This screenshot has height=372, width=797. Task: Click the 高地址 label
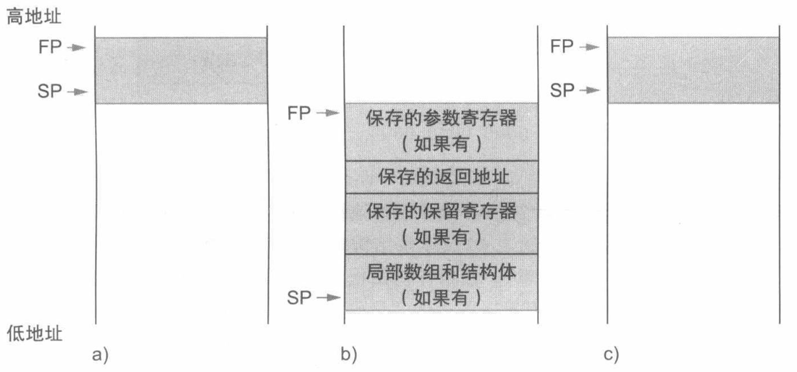(x=34, y=17)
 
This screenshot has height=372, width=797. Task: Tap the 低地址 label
(x=34, y=334)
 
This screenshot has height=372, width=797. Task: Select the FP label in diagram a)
(x=50, y=47)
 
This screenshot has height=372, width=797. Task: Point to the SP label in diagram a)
(x=49, y=91)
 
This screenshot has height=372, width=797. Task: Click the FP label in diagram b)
(x=299, y=113)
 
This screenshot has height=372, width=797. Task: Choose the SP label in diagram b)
(x=299, y=297)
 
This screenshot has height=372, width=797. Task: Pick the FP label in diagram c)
(x=562, y=46)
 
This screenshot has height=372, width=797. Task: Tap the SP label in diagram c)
(x=562, y=90)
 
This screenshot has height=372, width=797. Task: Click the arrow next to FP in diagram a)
(x=77, y=47)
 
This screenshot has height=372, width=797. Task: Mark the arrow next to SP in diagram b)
(x=329, y=297)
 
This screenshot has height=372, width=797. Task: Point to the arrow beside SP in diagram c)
(x=590, y=90)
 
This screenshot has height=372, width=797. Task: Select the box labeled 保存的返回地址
(x=441, y=177)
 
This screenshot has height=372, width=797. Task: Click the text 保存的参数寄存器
(x=441, y=118)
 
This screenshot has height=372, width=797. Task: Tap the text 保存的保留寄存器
(x=441, y=211)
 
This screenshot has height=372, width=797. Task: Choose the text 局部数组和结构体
(x=441, y=272)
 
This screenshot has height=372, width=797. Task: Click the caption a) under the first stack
(x=100, y=355)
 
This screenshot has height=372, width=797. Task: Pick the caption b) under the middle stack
(x=349, y=355)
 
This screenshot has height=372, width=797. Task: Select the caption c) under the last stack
(x=611, y=355)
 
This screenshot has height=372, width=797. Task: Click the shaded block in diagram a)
(x=181, y=70)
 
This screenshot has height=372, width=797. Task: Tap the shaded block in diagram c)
(x=693, y=70)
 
